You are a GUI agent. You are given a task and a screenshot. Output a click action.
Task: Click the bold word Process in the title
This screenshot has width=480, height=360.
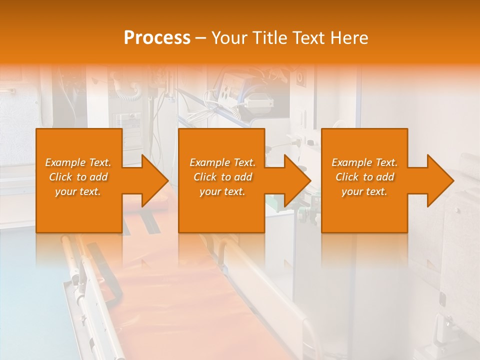tap(157, 38)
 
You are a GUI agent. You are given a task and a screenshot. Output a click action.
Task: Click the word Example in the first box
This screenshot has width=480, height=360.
tap(65, 162)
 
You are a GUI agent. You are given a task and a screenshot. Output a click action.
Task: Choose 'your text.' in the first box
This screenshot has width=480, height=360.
tap(78, 191)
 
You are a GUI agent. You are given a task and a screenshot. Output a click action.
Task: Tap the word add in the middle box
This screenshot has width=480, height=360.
tap(243, 177)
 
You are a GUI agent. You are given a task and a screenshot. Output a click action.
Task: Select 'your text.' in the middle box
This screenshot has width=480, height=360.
tap(222, 191)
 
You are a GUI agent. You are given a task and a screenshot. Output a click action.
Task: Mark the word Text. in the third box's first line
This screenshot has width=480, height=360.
tap(386, 162)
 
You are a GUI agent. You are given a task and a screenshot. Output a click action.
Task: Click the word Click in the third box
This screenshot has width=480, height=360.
tap(347, 177)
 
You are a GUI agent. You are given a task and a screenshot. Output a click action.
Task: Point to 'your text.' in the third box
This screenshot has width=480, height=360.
tap(364, 191)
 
